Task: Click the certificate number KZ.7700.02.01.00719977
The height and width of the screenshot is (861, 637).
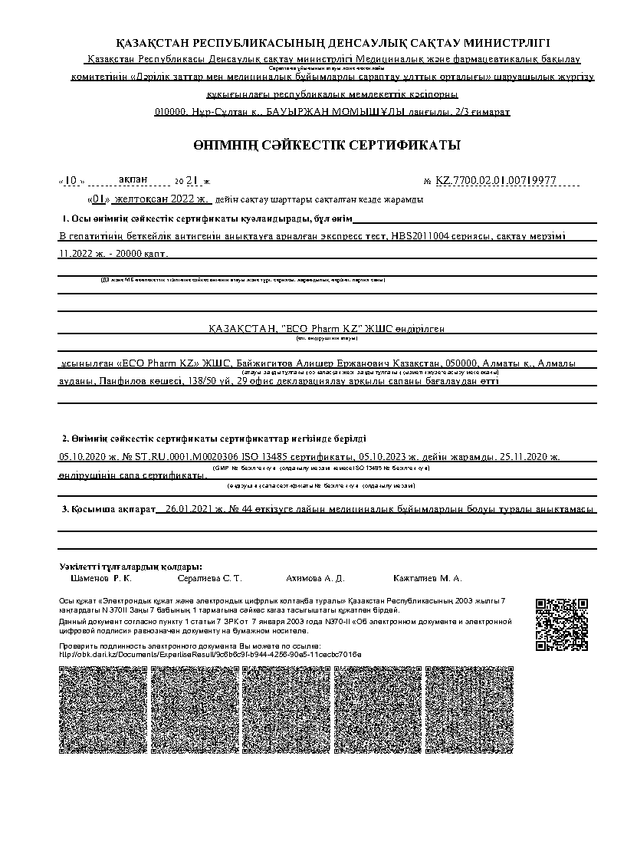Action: [495, 181]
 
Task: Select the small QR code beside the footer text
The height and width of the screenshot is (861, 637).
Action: [561, 624]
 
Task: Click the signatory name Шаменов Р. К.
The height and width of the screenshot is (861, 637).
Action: [100, 578]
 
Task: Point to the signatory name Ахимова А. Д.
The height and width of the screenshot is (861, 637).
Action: [314, 578]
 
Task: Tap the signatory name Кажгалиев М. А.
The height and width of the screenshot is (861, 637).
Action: [427, 578]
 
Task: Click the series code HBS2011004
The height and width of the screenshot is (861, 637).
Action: [419, 237]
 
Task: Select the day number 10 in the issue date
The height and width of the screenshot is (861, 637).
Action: [71, 181]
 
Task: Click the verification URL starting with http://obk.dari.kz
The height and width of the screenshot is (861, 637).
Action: [210, 654]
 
